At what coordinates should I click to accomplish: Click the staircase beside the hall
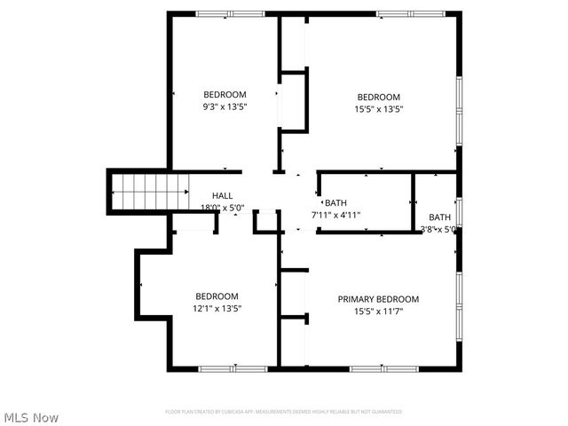tap(150, 190)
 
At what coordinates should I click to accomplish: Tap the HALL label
tap(222, 195)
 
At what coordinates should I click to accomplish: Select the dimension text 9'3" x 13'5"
tap(225, 106)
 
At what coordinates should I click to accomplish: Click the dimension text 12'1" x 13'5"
tap(217, 308)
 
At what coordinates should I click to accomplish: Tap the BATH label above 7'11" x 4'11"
tap(335, 202)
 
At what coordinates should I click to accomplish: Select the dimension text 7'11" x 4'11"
tap(335, 215)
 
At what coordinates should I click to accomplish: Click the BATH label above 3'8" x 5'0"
tap(439, 217)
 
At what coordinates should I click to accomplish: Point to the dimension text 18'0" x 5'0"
tap(222, 208)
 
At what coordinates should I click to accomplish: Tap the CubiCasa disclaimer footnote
tap(283, 412)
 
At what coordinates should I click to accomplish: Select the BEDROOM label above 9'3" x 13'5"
tap(225, 94)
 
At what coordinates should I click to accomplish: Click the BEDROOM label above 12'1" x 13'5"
tap(217, 296)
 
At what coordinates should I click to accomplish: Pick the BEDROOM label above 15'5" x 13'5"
tap(378, 97)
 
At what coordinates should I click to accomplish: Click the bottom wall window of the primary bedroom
tap(375, 368)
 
